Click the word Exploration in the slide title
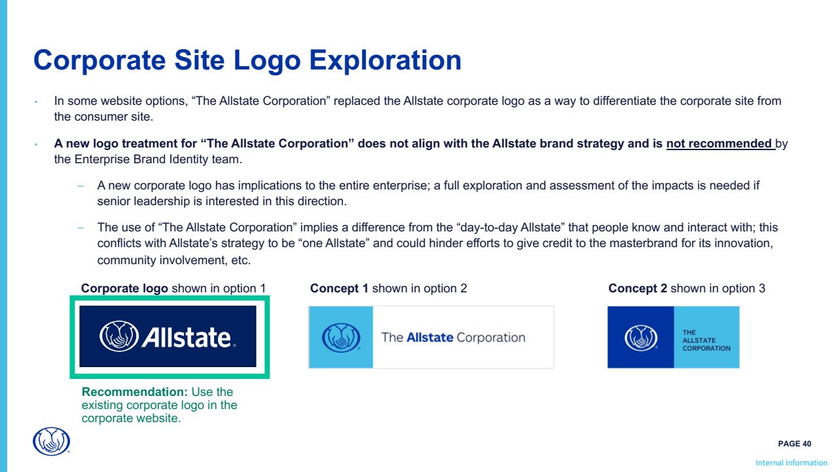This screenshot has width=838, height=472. point(386,60)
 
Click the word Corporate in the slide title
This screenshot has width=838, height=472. point(100,60)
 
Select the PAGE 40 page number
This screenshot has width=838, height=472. point(795,444)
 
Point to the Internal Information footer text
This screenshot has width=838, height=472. point(792,463)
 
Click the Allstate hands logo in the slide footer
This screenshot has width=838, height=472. point(51,441)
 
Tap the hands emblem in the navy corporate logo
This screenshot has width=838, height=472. point(119,336)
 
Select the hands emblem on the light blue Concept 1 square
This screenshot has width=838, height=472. point(341,338)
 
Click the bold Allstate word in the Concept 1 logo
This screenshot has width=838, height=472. point(430,338)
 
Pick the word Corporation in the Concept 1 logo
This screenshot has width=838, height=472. point(491,338)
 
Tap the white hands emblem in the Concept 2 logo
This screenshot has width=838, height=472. point(641,338)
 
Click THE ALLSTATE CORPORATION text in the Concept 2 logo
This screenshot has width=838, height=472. point(706,340)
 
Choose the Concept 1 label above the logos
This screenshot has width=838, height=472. point(339,288)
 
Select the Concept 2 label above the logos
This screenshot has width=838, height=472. point(638,288)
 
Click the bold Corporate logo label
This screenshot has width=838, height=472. point(124,288)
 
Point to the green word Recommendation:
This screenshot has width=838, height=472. point(135,392)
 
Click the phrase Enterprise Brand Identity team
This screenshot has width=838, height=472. point(158,159)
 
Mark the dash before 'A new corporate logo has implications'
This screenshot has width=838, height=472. point(81,186)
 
